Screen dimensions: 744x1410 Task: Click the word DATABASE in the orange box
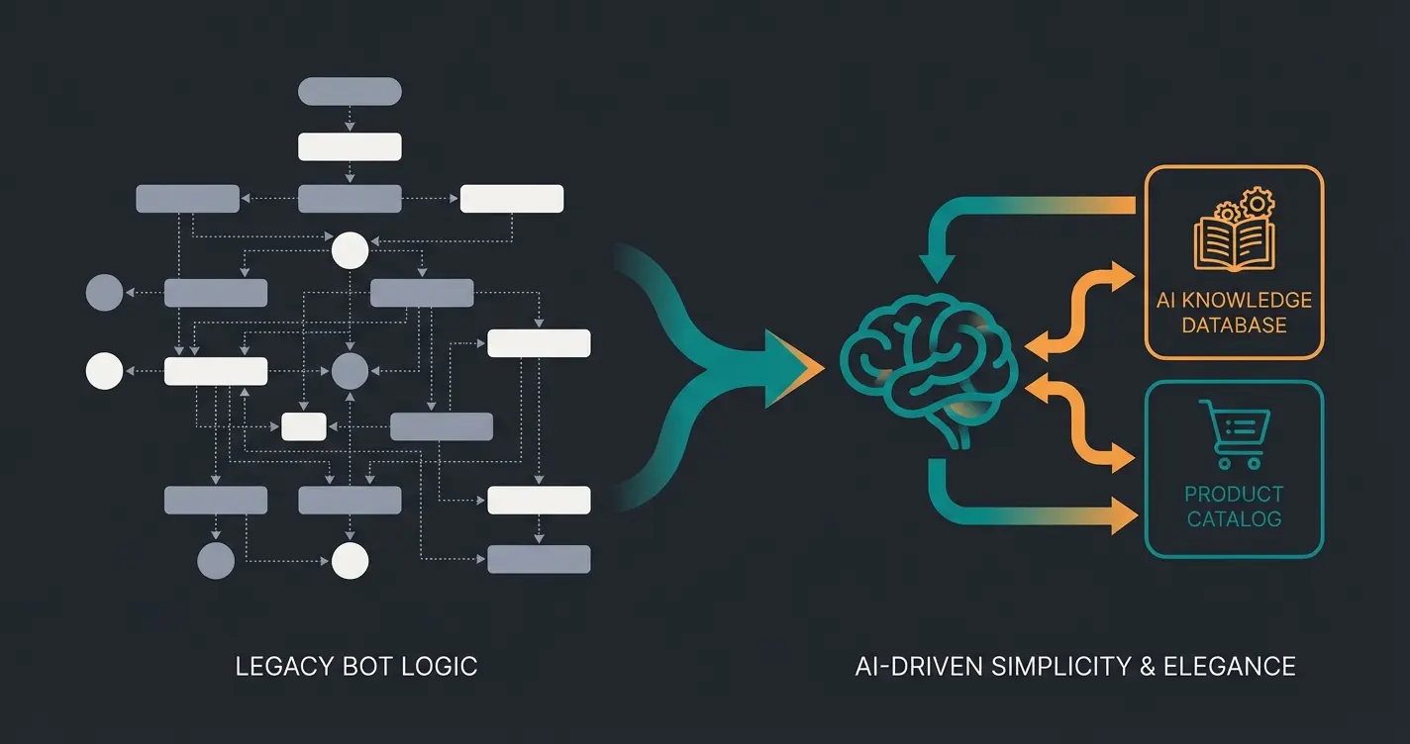[1234, 325]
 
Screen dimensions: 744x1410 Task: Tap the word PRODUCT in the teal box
[1234, 494]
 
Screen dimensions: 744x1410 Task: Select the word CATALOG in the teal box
[1234, 518]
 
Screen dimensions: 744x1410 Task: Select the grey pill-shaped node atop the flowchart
[350, 91]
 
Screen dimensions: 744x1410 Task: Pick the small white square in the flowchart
[304, 426]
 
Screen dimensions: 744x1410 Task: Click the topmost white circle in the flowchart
[350, 250]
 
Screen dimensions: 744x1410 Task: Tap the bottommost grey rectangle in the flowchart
[539, 559]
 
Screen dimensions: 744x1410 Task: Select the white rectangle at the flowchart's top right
[512, 199]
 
